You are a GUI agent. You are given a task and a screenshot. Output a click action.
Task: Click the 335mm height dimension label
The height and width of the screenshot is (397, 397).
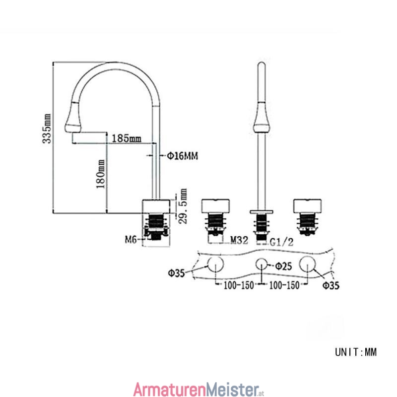coord(47,129)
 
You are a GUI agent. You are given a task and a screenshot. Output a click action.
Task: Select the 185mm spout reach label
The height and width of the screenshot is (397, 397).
coord(127,138)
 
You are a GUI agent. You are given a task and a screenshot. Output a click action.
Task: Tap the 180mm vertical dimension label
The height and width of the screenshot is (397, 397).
coord(101,174)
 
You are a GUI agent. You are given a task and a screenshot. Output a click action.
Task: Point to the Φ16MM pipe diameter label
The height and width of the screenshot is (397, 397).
coord(182,156)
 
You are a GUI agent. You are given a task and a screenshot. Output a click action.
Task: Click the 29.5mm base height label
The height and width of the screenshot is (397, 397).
coord(183,206)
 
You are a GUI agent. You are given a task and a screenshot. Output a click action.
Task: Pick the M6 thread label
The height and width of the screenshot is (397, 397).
coord(131,239)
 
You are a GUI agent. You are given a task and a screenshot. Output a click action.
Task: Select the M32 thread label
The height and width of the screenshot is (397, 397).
coord(239,240)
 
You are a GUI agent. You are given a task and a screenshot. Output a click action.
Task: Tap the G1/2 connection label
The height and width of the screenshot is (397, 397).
coord(281,242)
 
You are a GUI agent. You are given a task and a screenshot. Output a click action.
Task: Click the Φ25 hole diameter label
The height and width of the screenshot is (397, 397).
coord(283,266)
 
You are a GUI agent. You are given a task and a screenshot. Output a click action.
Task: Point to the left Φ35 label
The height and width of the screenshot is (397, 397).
coord(177,273)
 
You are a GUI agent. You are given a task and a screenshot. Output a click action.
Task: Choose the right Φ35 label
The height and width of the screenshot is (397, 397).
coord(331,285)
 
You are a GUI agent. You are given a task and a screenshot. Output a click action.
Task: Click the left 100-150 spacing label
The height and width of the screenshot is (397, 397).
coord(239,285)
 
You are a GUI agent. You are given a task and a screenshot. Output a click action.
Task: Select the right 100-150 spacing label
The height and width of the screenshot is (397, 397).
coord(284,285)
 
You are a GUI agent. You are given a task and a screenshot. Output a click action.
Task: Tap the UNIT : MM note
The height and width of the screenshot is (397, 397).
coord(356,352)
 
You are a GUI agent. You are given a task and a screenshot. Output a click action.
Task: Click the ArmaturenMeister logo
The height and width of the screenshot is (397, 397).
coord(199,389)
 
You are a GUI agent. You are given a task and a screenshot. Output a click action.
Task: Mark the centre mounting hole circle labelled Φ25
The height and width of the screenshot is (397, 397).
coord(262,264)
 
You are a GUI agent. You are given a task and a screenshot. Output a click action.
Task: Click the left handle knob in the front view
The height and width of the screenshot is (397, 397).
coord(215,206)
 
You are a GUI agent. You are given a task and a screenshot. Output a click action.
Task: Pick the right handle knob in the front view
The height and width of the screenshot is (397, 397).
coord(307,206)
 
